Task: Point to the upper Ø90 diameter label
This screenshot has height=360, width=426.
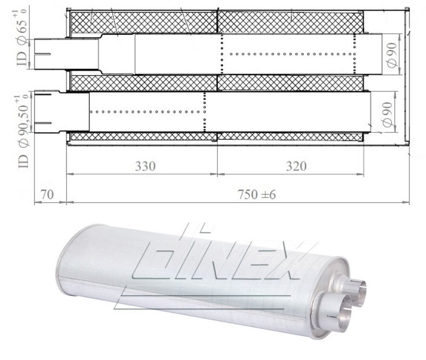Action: pos(390,53)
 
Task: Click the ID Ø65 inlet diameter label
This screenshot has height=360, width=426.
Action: pos(23,42)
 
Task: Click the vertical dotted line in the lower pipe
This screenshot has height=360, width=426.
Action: pos(205,113)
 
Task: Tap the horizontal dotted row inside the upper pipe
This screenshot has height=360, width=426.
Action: pos(289,53)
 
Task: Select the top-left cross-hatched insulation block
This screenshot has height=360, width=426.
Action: pos(144,21)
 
